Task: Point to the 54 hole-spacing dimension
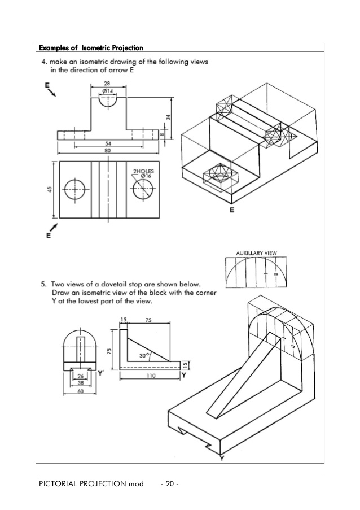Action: tap(107, 144)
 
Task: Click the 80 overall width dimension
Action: tap(107, 151)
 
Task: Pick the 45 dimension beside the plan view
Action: tap(50, 190)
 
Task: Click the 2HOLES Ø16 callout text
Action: tap(142, 173)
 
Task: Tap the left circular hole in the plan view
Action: tap(74, 190)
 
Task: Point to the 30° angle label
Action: tap(144, 356)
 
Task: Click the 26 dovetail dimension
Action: tap(81, 376)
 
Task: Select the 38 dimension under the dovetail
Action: tap(81, 383)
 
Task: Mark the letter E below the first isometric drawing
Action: tap(231, 210)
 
